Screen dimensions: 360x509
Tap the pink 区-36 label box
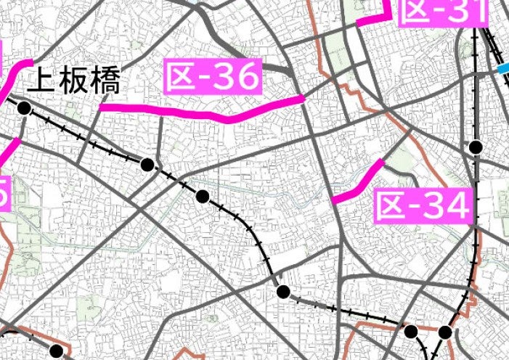pos(212,76)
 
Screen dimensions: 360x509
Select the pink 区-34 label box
pos(423,207)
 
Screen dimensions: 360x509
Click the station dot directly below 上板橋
pos(24,109)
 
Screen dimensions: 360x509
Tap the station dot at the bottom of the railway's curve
pos(284,292)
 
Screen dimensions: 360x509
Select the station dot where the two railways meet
pos(445,332)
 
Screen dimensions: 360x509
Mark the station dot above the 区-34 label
pos(476,147)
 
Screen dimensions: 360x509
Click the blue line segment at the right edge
pos(503,69)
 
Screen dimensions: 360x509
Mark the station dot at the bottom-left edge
pos(56,352)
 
